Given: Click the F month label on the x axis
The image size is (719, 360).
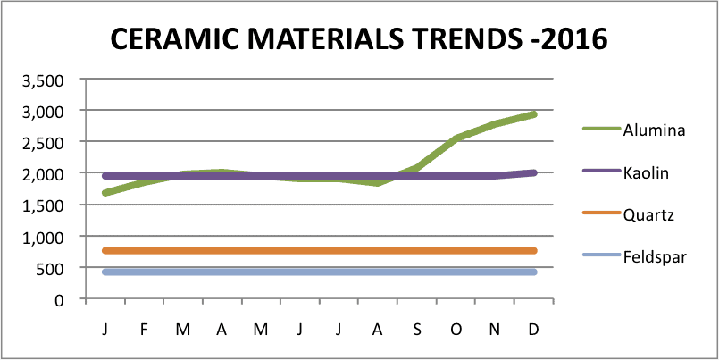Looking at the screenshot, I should coord(144,329).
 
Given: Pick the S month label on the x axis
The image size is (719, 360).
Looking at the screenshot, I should coord(417,329).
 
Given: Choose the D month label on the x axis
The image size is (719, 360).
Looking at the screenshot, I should coord(534,329).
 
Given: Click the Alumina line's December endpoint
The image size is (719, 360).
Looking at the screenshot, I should coord(534,114).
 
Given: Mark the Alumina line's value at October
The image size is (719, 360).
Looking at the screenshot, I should coord(456,138).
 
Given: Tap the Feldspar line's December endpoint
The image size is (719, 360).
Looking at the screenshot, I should coord(534,272).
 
